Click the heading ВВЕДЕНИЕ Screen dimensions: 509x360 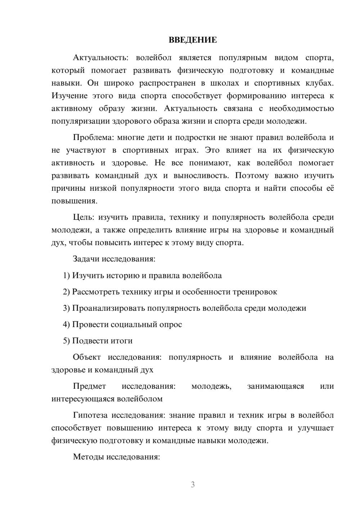tap(193, 40)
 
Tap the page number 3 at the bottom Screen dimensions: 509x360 tap(193, 485)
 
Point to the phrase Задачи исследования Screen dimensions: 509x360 tap(114, 259)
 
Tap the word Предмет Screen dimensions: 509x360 tap(89, 386)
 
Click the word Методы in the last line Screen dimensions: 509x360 tap(86, 457)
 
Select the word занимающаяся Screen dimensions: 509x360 tap(275, 386)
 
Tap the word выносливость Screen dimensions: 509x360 tap(201, 176)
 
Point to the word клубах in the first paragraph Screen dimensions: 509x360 tap(320, 83)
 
